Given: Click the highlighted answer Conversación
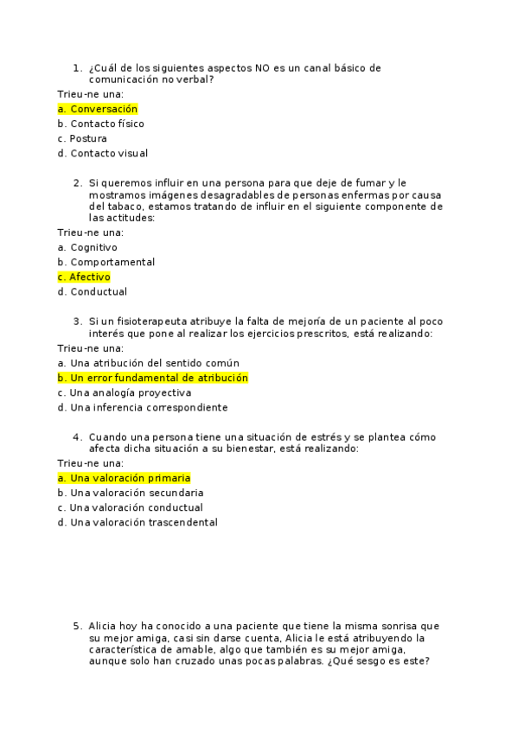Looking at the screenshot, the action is point(98,109).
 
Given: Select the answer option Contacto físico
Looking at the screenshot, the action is point(101,124).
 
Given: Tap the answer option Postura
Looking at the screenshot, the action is point(82,138).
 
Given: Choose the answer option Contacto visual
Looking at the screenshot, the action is point(103,153).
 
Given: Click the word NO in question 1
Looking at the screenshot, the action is point(261,67).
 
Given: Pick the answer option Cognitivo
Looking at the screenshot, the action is point(87,247).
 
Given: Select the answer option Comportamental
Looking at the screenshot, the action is point(106,262).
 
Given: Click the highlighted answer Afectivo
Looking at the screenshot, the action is point(85,277).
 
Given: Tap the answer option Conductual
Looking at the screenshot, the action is point(93,292).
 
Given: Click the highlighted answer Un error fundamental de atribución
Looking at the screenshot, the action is point(153,378).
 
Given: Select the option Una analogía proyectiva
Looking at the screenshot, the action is point(125,392).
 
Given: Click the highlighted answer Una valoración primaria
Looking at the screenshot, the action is point(125,477).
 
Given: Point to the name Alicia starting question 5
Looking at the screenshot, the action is point(102,626).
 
